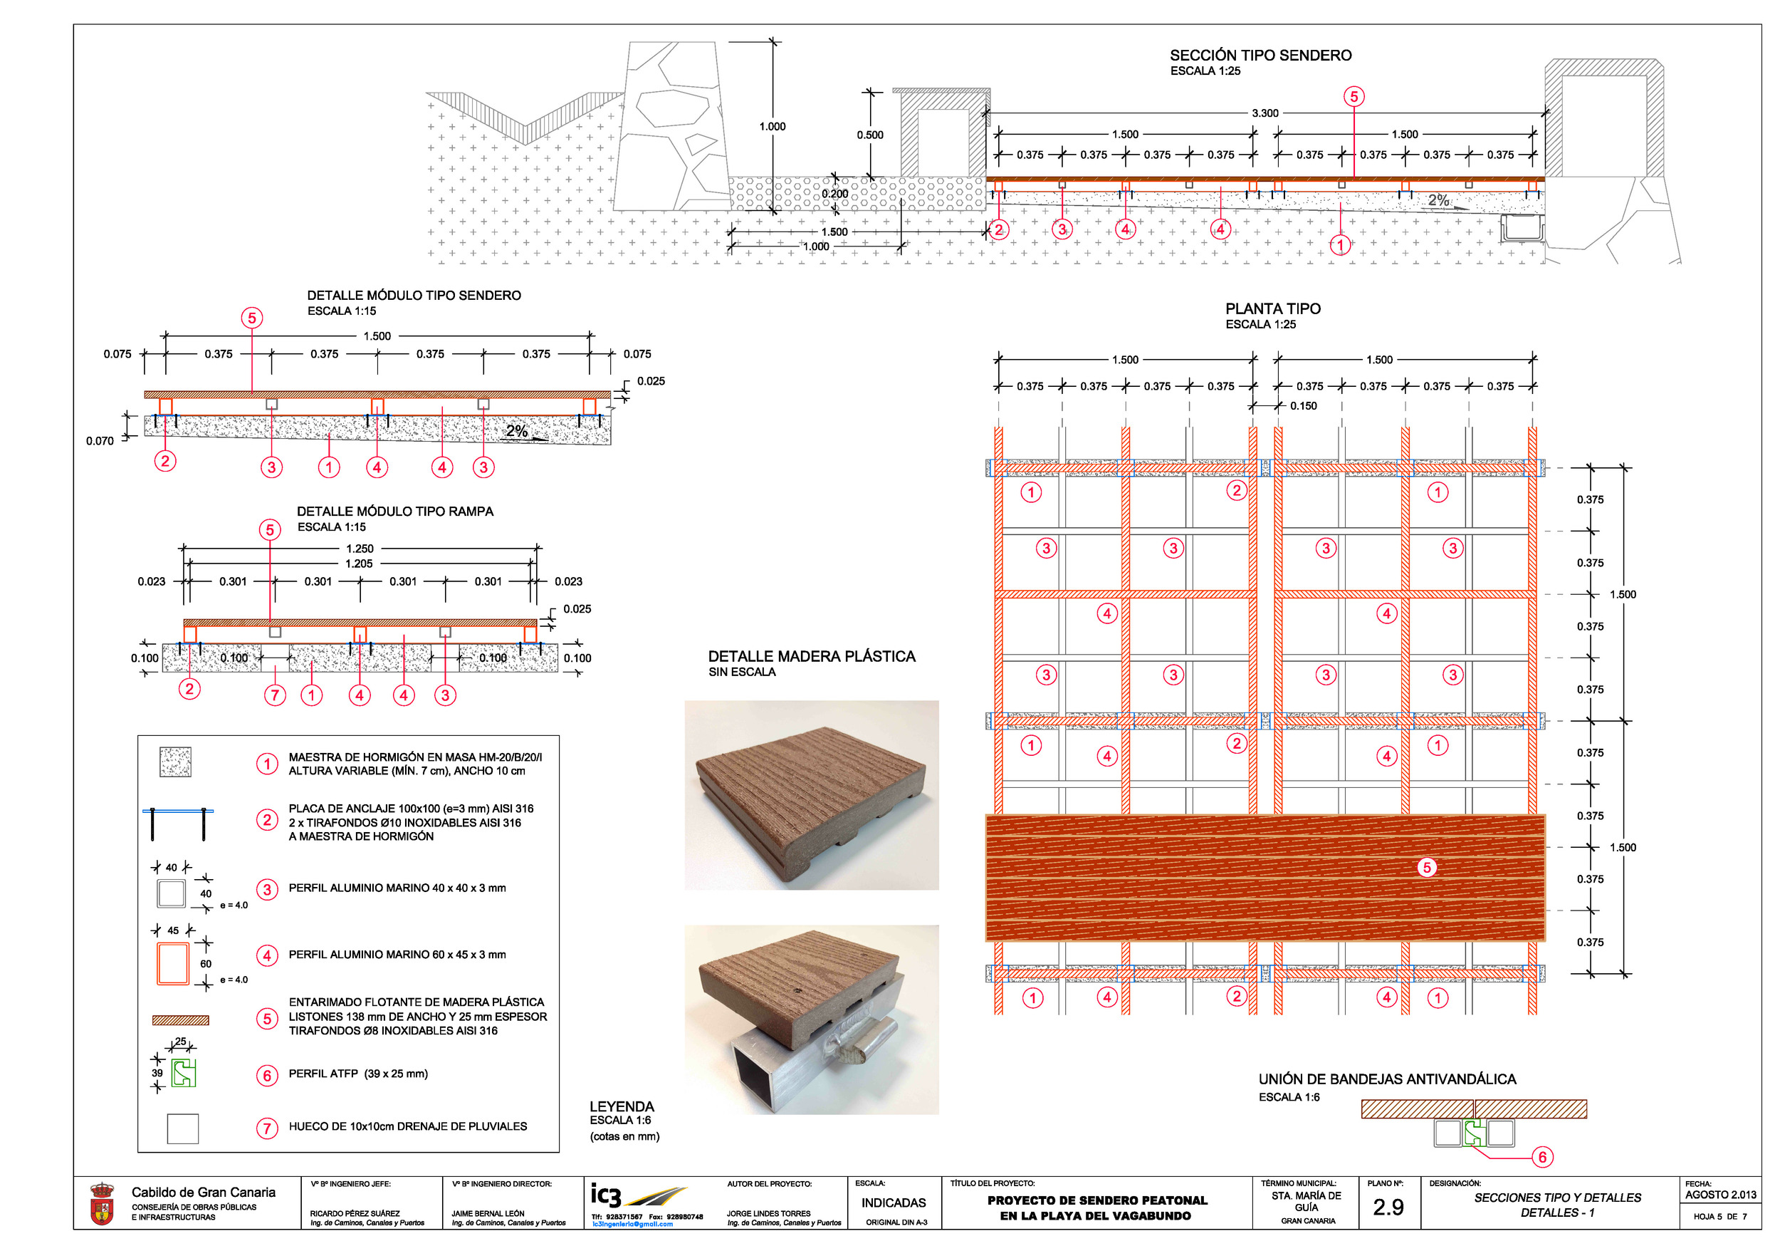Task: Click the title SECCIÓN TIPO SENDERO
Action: [1260, 55]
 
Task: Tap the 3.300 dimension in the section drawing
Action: [1265, 113]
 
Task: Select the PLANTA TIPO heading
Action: [1272, 308]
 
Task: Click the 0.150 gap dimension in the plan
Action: [1303, 405]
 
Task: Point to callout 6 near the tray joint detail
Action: [1542, 1157]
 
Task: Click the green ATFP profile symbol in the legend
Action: [183, 1073]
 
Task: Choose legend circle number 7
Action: [267, 1128]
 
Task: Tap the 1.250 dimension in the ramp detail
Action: [359, 549]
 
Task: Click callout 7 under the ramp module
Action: [274, 695]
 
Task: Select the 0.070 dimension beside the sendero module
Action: [100, 440]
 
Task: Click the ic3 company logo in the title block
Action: [637, 1196]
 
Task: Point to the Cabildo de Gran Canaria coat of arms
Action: [102, 1204]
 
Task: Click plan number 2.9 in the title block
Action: [1388, 1207]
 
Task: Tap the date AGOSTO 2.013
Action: [1720, 1195]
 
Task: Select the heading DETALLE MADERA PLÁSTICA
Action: [811, 656]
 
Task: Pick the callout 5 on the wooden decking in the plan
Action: [1426, 867]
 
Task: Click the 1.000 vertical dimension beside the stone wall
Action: [772, 126]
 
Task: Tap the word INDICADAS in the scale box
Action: [893, 1203]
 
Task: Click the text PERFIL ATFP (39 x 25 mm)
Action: [357, 1074]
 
